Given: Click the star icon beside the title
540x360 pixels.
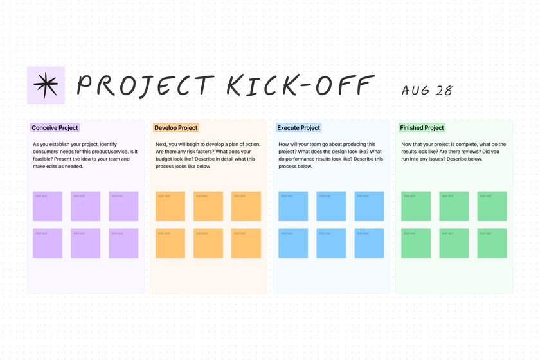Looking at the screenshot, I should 46,85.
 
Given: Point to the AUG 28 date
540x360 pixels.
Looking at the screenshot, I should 427,90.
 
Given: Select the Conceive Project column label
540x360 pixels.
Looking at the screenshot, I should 55,128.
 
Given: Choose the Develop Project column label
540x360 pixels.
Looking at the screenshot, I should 175,128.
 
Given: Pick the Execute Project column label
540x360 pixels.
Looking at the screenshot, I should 298,128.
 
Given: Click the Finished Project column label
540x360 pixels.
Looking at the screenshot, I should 422,128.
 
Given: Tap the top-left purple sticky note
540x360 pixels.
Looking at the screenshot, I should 48,206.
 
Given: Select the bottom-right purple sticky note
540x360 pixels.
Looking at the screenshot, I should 123,243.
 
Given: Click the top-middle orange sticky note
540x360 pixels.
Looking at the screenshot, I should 208,206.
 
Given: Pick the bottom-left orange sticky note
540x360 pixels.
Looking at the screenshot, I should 170,243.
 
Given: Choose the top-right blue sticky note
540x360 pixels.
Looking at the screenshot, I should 369,206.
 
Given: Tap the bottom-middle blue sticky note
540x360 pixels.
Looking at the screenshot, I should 331,243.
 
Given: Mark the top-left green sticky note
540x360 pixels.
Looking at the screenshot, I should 416,206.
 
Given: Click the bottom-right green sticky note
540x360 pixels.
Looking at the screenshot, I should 492,243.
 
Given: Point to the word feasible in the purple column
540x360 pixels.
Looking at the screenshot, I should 43,159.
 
